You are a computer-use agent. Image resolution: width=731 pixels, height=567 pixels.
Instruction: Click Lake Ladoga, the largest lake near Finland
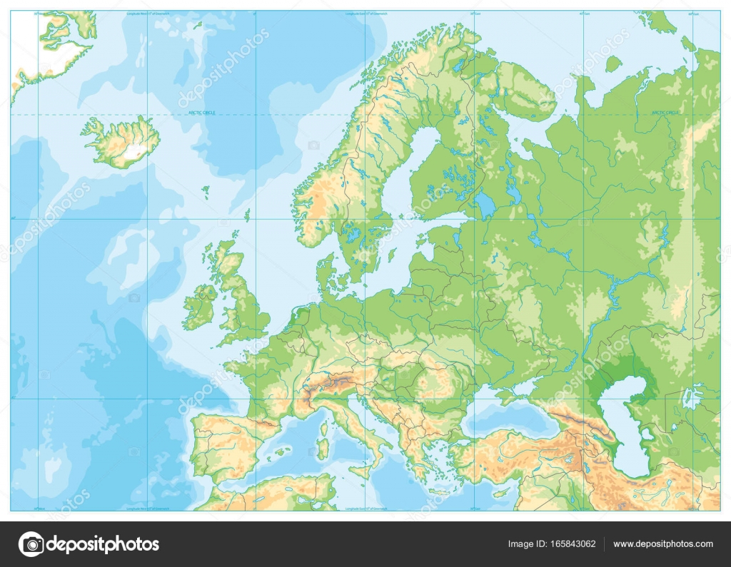click(485, 205)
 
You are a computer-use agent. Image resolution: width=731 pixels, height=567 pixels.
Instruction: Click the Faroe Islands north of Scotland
click(206, 190)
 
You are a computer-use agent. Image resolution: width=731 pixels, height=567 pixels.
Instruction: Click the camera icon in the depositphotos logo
click(31, 544)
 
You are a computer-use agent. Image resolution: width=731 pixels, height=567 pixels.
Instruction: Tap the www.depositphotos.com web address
click(665, 544)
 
